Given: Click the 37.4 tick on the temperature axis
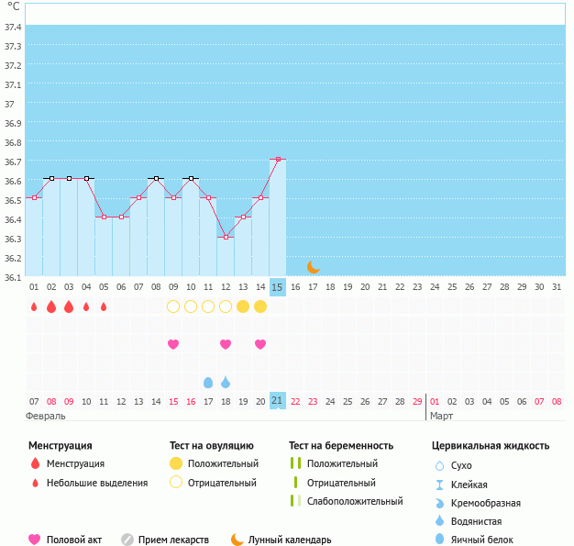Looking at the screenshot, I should [13, 27].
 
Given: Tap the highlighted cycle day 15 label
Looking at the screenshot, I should [278, 287].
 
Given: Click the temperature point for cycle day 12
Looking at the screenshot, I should [226, 237].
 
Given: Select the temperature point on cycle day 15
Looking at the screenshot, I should [278, 160].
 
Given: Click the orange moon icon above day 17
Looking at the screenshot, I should [313, 266].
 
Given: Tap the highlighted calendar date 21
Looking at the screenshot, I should [278, 401].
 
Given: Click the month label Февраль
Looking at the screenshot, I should [46, 416].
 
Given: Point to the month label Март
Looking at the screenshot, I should [442, 416].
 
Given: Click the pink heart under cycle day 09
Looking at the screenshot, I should [173, 344].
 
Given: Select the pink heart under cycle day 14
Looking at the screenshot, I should [260, 344].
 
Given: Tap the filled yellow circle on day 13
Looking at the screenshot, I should [243, 306].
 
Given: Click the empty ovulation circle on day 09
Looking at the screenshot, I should [173, 306].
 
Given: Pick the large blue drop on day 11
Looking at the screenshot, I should [208, 382].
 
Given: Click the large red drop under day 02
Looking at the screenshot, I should [51, 306].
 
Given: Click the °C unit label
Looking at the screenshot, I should [13, 7].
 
